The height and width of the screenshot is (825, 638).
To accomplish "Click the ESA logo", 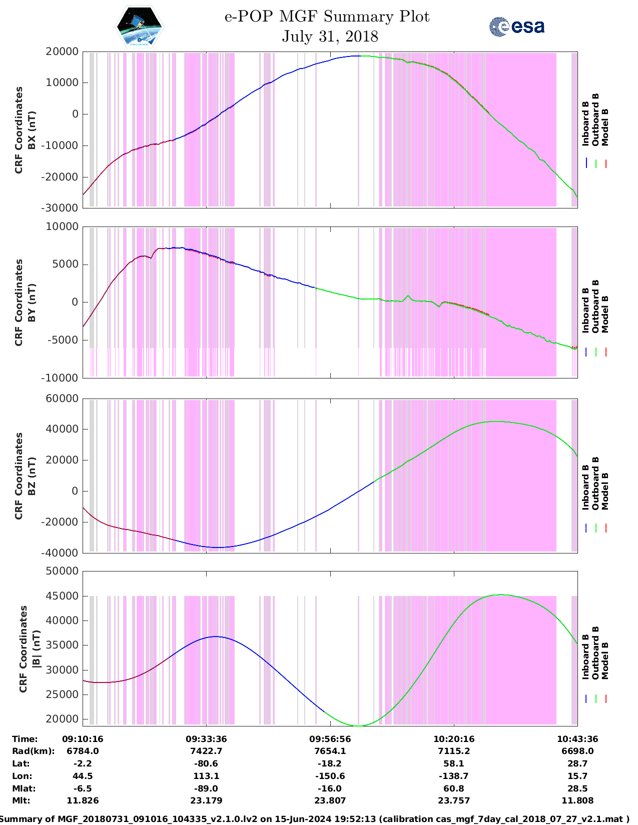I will pyautogui.click(x=516, y=26).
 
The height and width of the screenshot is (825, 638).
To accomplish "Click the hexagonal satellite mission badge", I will pyautogui.click(x=139, y=26).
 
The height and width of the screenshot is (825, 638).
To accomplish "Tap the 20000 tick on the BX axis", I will pyautogui.click(x=62, y=51).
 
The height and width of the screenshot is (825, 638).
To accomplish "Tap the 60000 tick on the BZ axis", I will pyautogui.click(x=62, y=398).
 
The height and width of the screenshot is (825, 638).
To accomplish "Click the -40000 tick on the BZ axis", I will pyautogui.click(x=60, y=553).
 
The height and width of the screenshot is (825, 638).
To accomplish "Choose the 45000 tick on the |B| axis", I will pyautogui.click(x=62, y=596).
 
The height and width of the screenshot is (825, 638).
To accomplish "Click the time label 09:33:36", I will pyautogui.click(x=206, y=739).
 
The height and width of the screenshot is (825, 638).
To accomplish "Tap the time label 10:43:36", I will pyautogui.click(x=577, y=739).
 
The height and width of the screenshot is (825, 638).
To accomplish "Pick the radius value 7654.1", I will pyautogui.click(x=330, y=751).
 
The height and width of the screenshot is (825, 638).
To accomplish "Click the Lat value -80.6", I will pyautogui.click(x=206, y=763).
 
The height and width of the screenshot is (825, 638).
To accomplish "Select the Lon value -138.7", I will pyautogui.click(x=454, y=776).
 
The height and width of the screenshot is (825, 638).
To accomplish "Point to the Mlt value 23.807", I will pyautogui.click(x=330, y=800).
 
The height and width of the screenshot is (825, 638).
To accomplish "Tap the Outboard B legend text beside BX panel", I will pyautogui.click(x=595, y=120).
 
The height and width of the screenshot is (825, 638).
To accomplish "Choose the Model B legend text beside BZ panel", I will pyautogui.click(x=605, y=491).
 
